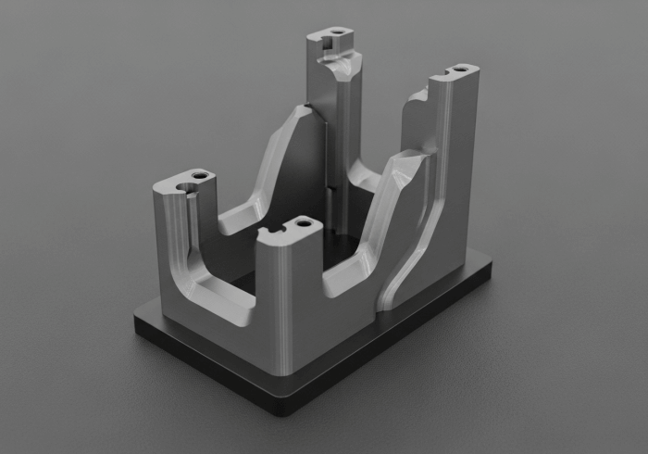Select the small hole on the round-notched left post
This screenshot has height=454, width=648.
pyautogui.click(x=200, y=173)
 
